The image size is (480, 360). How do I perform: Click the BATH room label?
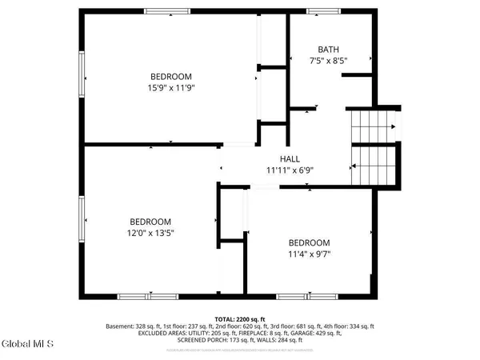point(328,48)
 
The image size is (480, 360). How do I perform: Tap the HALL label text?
point(289,158)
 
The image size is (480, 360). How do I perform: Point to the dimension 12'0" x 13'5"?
point(150,233)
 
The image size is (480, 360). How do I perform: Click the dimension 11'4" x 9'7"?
point(309,254)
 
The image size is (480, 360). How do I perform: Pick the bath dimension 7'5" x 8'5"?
point(328,60)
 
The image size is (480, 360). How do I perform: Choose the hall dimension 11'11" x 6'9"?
point(289,170)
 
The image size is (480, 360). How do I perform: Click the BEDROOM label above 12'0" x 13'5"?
point(150,222)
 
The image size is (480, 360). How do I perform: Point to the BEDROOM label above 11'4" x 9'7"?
point(309,243)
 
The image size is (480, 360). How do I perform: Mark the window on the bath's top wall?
point(324,11)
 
